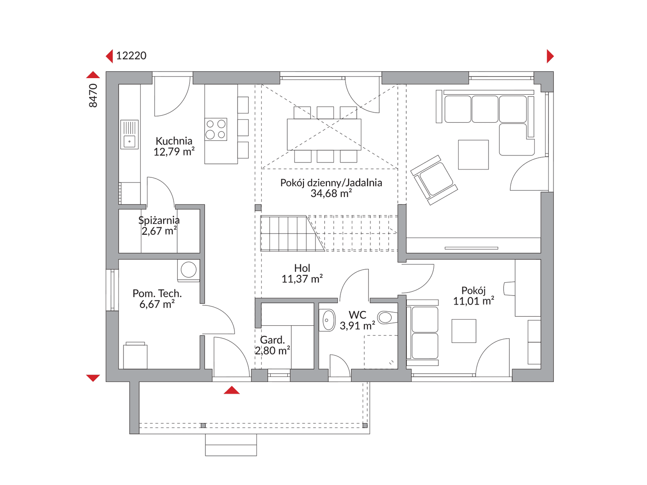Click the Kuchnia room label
tap(174, 141)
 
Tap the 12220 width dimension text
tap(131, 56)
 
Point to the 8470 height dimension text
tap(93, 96)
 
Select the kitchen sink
tap(129, 134)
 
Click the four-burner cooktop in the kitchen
tap(216, 129)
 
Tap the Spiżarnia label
tap(159, 220)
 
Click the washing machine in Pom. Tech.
tap(188, 270)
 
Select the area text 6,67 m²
tap(157, 304)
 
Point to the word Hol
tap(302, 268)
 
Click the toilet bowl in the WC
tap(387, 318)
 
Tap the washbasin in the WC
tap(327, 320)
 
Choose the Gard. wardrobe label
tap(272, 340)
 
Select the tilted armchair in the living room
tap(434, 180)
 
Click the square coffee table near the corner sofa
tap(473, 155)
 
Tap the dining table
tap(324, 134)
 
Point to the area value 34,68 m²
tap(331, 194)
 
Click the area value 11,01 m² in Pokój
tap(473, 301)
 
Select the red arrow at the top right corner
tap(550, 56)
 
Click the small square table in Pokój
tap(464, 331)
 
